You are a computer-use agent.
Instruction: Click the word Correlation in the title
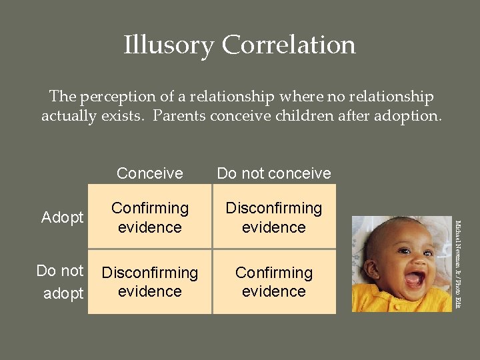289,45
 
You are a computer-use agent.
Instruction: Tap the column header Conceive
149,173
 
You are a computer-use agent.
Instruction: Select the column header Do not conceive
274,173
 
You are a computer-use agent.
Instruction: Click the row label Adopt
63,217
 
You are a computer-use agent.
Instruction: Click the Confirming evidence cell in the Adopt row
150,217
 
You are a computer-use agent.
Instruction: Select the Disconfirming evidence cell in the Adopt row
274,217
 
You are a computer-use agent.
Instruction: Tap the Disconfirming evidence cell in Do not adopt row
150,282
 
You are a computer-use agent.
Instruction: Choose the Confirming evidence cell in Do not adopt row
274,282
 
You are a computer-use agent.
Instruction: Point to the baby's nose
413,260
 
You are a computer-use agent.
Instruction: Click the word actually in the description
67,116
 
